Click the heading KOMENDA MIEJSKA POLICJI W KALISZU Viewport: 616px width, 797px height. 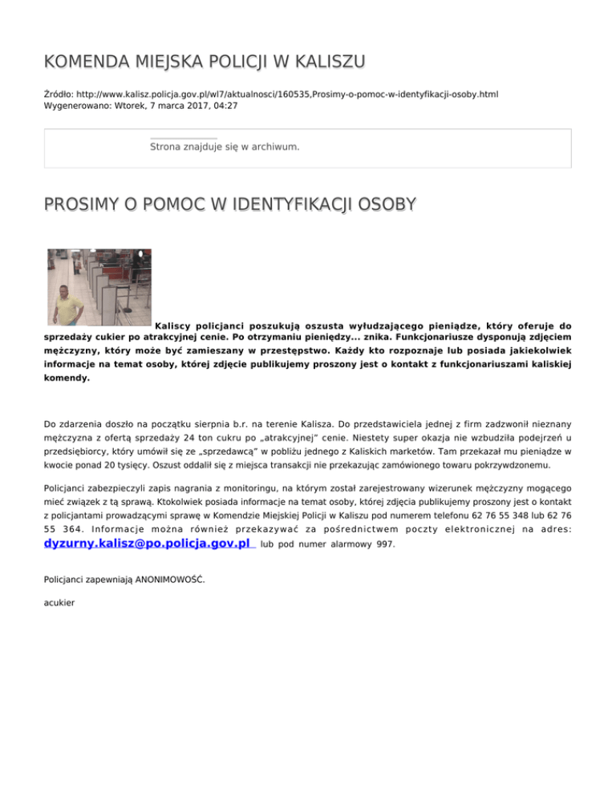[x=205, y=61]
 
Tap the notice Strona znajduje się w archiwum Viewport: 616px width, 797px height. [x=225, y=147]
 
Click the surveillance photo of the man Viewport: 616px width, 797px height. [x=99, y=287]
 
